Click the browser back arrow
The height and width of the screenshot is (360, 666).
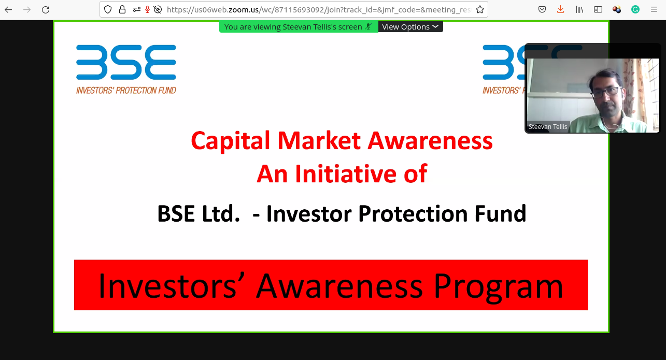tap(8, 10)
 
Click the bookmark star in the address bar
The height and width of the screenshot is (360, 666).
tap(479, 9)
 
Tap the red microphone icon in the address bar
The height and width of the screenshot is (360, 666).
tap(147, 10)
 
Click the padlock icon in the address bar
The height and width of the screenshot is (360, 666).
tap(122, 10)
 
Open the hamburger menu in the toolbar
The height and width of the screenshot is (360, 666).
tap(654, 9)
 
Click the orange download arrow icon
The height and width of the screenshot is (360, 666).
tap(560, 9)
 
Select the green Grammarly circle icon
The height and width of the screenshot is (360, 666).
tap(635, 10)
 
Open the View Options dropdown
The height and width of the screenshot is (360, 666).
tap(410, 27)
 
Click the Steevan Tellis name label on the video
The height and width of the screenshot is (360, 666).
tap(548, 127)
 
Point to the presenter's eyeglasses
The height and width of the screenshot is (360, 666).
tap(606, 92)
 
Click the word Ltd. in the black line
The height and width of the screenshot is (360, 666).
tap(221, 214)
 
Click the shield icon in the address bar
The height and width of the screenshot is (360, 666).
tap(108, 10)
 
